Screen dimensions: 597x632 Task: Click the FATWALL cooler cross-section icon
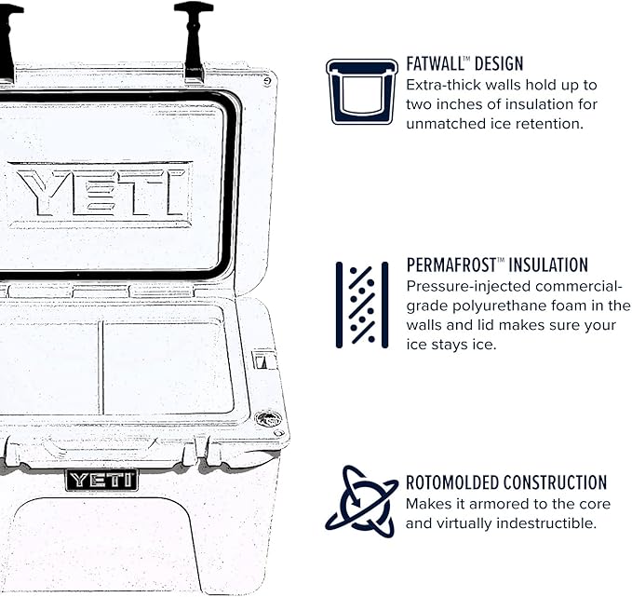tap(361, 91)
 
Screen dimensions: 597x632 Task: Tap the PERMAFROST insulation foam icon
tap(361, 305)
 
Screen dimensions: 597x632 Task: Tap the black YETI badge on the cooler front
tap(101, 480)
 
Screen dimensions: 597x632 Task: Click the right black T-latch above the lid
tap(193, 37)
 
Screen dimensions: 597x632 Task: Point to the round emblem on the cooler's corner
tap(268, 418)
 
